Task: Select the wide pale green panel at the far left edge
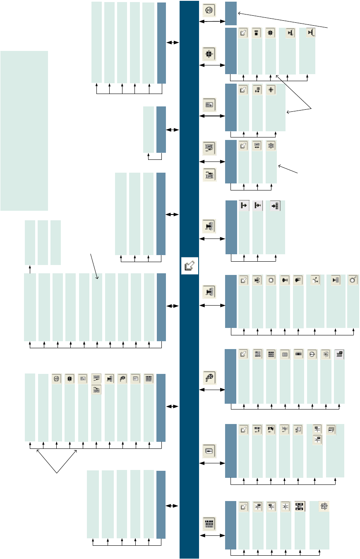(24, 130)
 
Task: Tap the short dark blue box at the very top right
(231, 13)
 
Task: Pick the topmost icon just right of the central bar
(209, 10)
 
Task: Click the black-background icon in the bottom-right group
(300, 506)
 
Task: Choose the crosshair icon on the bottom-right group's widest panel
(324, 506)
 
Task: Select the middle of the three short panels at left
(43, 242)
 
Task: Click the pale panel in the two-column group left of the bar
(149, 130)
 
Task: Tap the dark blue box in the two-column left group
(161, 130)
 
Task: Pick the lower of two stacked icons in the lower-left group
(96, 389)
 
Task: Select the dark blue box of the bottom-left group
(161, 504)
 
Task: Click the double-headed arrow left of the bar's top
(173, 42)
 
